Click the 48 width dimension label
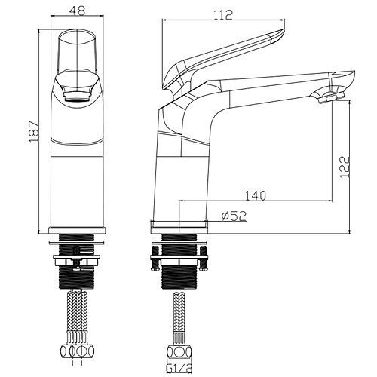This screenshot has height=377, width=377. pos(78,11)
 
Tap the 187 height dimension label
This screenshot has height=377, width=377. pos(34,132)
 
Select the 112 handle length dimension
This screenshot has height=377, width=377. pos(223,15)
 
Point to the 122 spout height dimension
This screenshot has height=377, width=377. pos(345,167)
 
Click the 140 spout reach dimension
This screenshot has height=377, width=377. pos(255,196)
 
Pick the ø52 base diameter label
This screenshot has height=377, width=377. pos(234,216)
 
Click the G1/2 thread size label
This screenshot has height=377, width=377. pos(179,369)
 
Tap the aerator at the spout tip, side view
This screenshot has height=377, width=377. pos(331,97)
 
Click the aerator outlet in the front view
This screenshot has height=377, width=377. pos(77,97)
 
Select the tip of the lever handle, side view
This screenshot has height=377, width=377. pos(284,30)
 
